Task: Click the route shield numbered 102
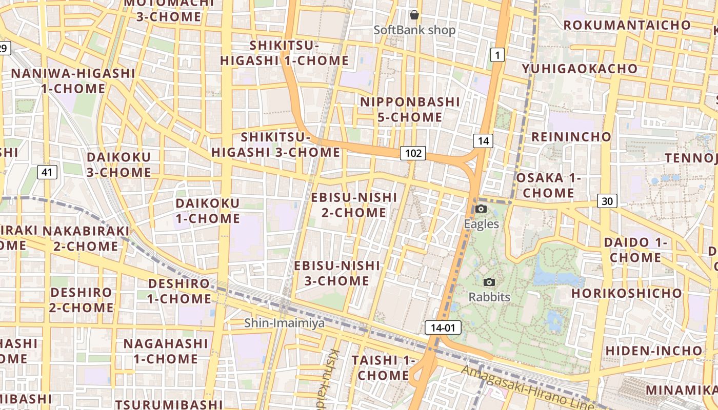coord(413,153)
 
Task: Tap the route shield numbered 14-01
coord(443,327)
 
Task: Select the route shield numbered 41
coord(47,172)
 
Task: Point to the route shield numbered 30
coord(607,201)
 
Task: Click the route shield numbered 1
coord(496,54)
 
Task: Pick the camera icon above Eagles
coord(481,209)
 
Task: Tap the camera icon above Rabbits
coord(489,282)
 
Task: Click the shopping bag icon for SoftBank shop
coord(414,15)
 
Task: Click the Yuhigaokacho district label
coord(580,69)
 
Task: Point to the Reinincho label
coord(571,137)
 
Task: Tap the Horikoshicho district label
coord(627,293)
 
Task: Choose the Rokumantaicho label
coord(627,25)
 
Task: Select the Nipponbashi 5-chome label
coord(410,109)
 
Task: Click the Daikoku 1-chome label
coord(208,211)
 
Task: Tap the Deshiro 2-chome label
coord(82,300)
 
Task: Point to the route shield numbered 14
coord(483,140)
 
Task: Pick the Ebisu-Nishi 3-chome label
coord(337,273)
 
